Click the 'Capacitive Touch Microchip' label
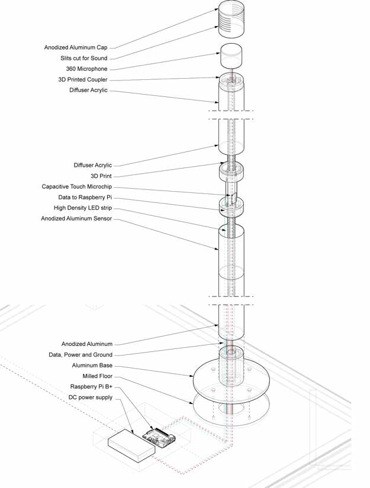tap(76, 187)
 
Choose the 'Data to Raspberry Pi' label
tap(84, 198)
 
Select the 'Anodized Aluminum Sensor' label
tap(76, 219)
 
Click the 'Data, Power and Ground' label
tap(81, 354)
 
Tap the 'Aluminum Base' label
tap(91, 365)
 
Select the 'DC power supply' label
tap(91, 397)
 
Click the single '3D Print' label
tap(102, 176)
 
